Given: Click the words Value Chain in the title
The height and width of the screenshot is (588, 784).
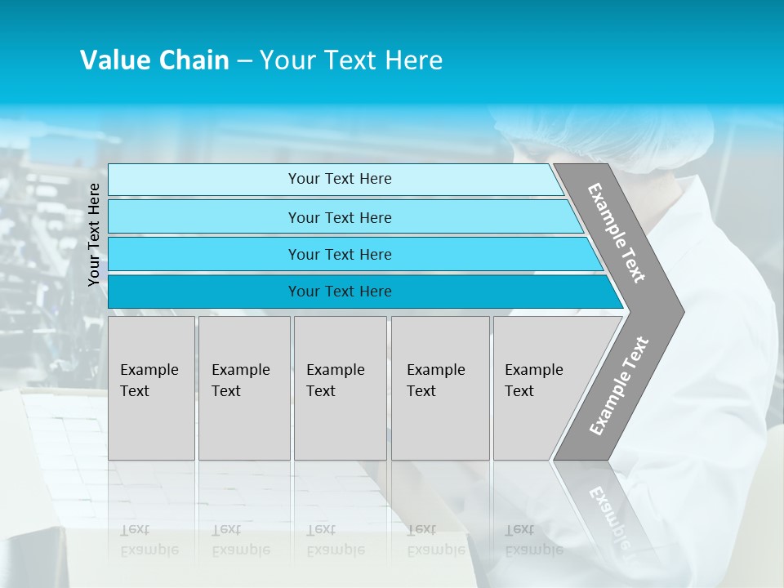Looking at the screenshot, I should [x=154, y=60].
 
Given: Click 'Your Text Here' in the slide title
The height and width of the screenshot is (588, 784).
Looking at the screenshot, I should [x=351, y=60].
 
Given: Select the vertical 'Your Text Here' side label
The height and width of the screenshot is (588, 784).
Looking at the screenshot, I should [x=94, y=234].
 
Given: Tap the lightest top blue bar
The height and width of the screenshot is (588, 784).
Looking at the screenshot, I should [x=339, y=179].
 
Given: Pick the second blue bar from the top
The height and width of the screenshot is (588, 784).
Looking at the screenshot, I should [x=339, y=217].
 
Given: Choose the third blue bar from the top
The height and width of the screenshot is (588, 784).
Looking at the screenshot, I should [x=339, y=254].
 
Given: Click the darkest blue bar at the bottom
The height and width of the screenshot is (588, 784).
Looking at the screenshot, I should [x=339, y=292].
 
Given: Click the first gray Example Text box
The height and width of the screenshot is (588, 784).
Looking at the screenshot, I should [x=151, y=388].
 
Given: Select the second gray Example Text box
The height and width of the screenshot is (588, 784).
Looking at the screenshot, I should [x=243, y=388].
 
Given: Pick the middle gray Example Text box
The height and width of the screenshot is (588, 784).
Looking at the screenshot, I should [x=340, y=388].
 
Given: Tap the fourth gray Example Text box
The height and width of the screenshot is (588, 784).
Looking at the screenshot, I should [x=439, y=388].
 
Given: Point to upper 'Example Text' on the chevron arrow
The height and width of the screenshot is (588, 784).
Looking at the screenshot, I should [x=617, y=233].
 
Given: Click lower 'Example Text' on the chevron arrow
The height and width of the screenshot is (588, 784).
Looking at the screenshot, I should [x=619, y=386].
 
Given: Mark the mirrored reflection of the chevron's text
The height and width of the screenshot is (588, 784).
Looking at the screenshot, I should [x=608, y=514].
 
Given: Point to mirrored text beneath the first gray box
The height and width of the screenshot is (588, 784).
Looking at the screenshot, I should [x=149, y=540].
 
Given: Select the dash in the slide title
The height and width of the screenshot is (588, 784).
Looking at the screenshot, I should [x=244, y=61].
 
